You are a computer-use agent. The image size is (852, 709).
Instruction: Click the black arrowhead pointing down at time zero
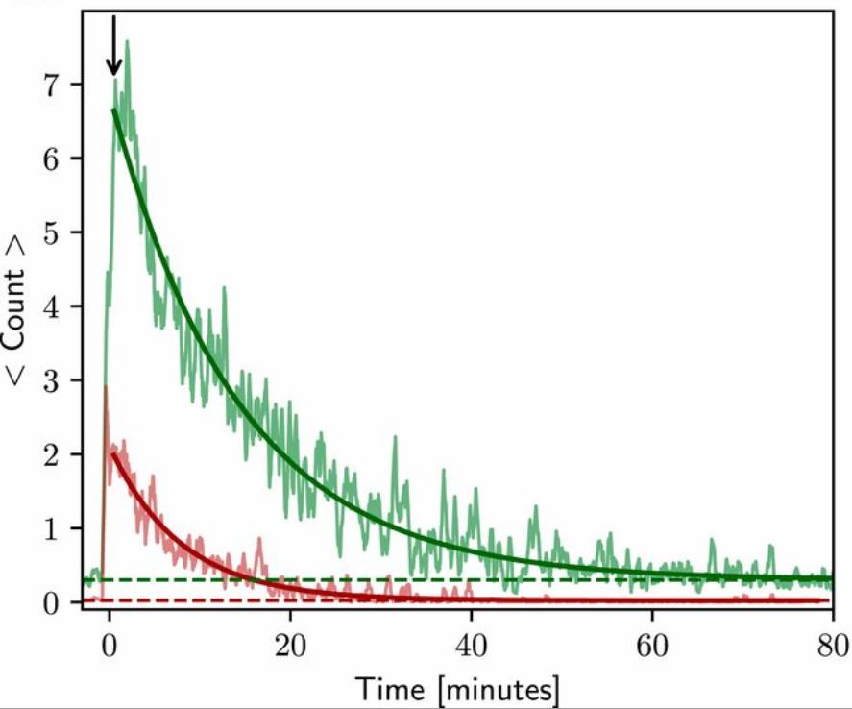point(113,66)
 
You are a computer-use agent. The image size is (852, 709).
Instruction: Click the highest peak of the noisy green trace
point(127,42)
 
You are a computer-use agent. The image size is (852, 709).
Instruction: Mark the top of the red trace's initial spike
point(105,386)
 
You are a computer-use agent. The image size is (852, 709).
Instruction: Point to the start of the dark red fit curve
point(113,454)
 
